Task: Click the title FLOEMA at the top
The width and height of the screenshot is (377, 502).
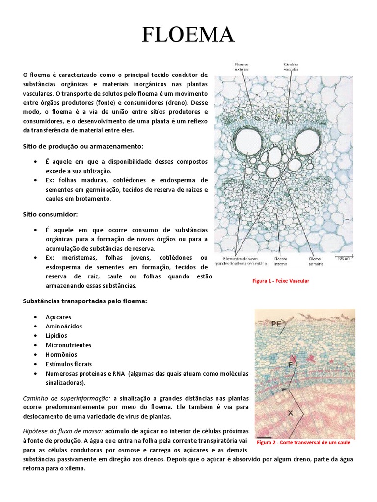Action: click(x=188, y=35)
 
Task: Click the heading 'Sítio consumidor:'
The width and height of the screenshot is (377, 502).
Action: click(x=51, y=214)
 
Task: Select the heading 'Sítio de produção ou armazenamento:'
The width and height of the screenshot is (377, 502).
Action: click(x=83, y=146)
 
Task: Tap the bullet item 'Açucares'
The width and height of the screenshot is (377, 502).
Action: click(x=58, y=317)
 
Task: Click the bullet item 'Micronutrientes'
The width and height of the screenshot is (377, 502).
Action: click(x=68, y=345)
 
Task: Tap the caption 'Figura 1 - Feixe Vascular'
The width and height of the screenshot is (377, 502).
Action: click(x=281, y=281)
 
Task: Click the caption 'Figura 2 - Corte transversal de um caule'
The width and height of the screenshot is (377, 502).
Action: click(x=304, y=442)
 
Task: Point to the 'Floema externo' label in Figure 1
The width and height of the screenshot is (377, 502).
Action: click(x=242, y=66)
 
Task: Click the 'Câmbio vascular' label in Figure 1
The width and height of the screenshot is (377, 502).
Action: click(x=291, y=66)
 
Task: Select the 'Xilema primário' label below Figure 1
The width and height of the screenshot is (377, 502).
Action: click(x=316, y=261)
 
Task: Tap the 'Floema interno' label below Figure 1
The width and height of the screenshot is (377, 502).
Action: click(x=280, y=261)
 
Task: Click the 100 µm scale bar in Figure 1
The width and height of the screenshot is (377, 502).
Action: click(x=343, y=256)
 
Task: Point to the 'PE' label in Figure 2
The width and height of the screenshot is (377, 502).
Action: click(x=276, y=324)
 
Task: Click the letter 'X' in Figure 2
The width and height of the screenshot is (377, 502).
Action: click(x=290, y=413)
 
